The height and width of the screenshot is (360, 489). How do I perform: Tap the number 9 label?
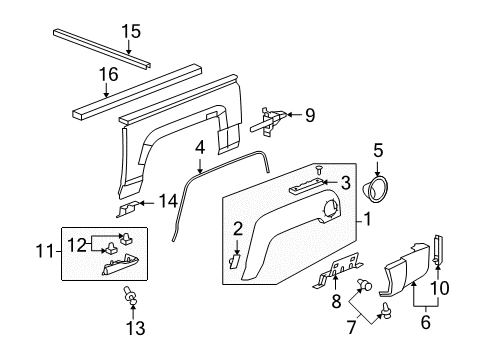point(309,115)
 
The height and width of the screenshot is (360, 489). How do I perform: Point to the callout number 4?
point(200,147)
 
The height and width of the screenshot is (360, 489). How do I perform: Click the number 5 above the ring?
point(378,152)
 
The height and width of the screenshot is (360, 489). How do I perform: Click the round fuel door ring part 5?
point(380,189)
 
